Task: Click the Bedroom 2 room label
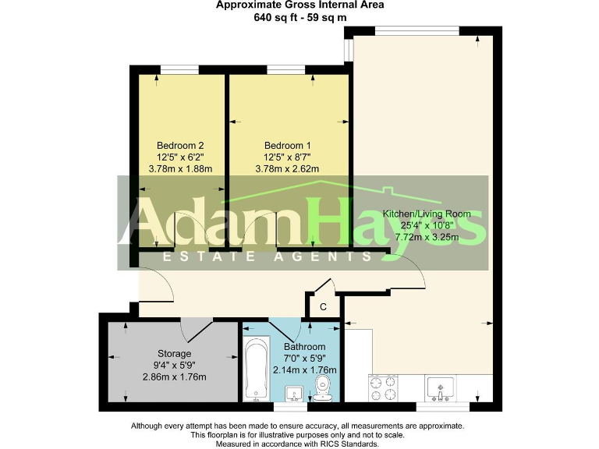(180, 146)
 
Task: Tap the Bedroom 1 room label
(287, 146)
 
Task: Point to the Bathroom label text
(304, 347)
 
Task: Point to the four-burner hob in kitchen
(384, 387)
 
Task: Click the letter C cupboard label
(323, 306)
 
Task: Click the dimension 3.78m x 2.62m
(287, 168)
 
